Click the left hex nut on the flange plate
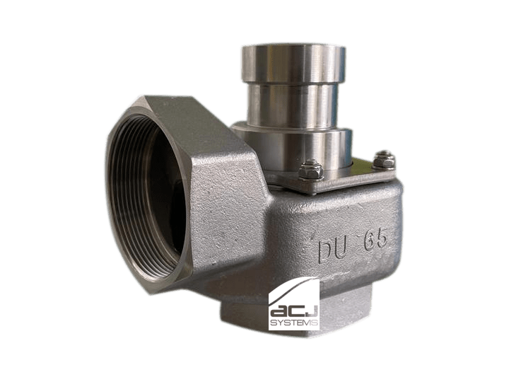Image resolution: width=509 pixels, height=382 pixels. [x=310, y=169]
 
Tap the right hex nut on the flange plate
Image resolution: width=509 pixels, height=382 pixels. [x=384, y=161]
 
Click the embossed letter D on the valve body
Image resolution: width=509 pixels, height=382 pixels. [x=327, y=251]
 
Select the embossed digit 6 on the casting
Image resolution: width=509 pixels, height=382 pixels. [x=370, y=241]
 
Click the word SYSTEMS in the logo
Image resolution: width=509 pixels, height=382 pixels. [x=294, y=323]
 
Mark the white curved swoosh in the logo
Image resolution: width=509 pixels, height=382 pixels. [x=291, y=291]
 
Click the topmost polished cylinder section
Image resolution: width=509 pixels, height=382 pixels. [x=293, y=63]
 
